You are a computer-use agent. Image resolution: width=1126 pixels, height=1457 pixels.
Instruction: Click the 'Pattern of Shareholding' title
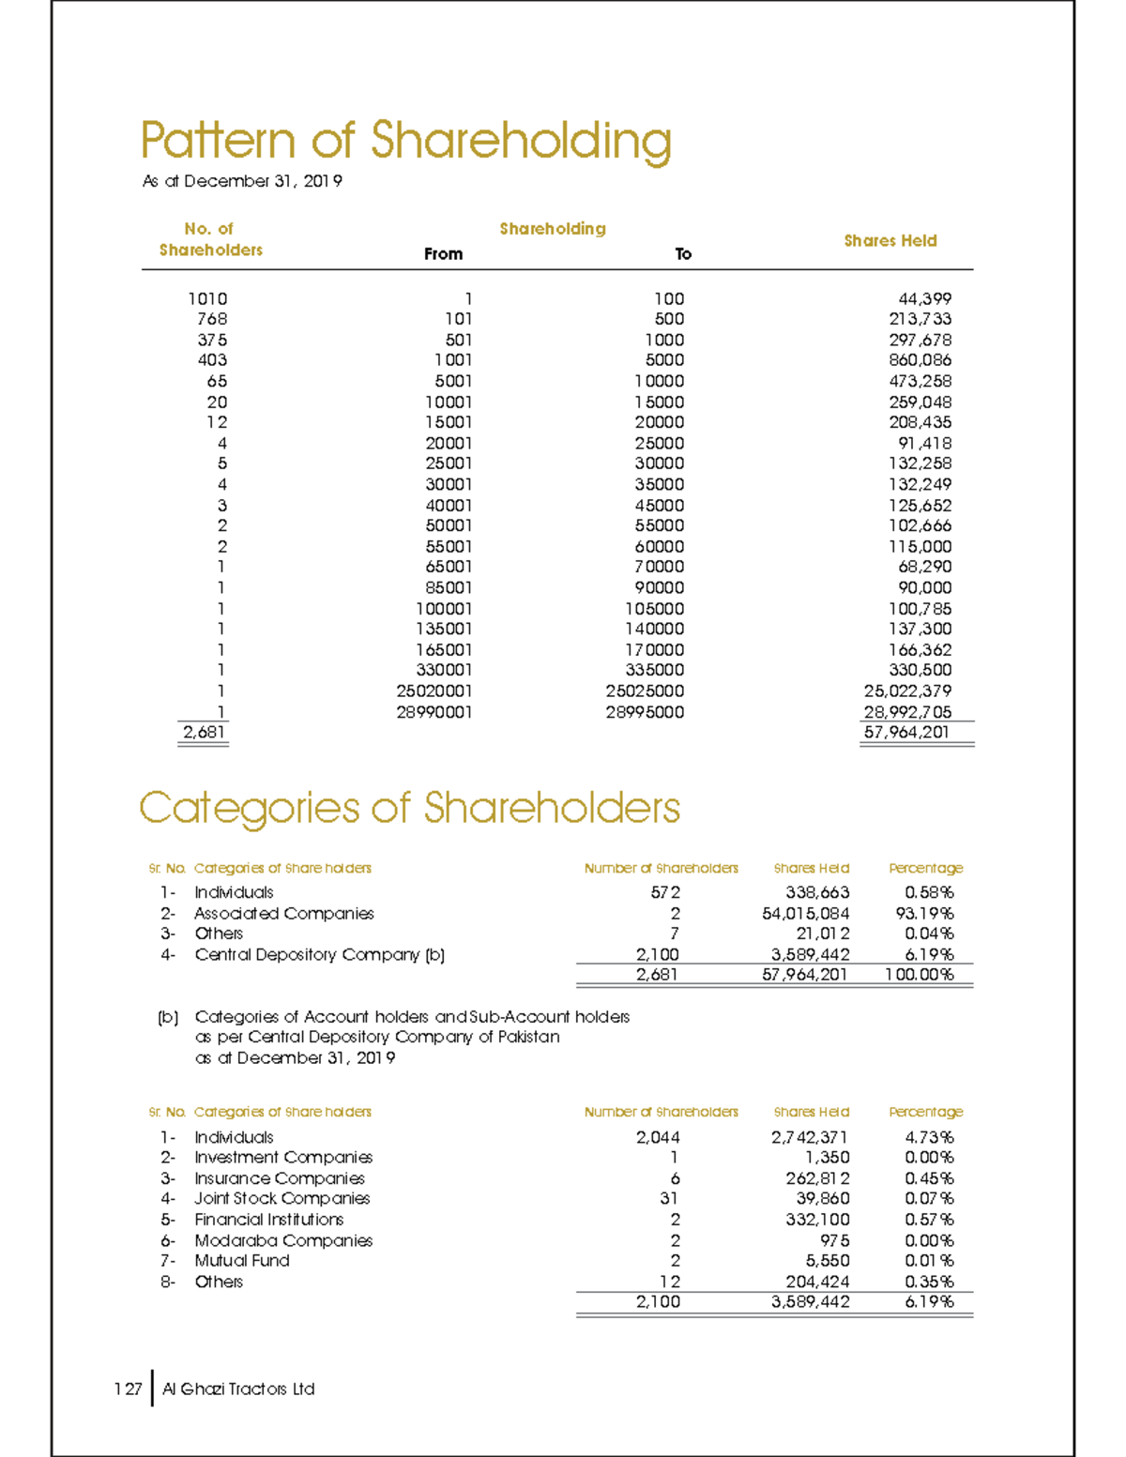(405, 142)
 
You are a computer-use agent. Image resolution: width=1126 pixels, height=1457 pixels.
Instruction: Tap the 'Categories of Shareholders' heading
(409, 808)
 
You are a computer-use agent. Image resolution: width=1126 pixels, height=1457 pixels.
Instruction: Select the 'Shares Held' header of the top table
(890, 241)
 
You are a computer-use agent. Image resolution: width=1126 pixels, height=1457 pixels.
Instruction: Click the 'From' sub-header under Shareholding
(443, 254)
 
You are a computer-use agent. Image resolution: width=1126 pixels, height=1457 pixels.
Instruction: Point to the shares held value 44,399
(924, 298)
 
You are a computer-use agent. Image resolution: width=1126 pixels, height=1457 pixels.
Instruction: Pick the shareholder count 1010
(207, 298)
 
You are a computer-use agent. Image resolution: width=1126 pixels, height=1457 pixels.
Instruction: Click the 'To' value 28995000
(645, 712)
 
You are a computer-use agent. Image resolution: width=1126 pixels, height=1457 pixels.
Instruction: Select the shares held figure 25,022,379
(907, 691)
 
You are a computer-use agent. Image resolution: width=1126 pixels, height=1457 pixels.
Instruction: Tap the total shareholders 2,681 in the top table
(204, 732)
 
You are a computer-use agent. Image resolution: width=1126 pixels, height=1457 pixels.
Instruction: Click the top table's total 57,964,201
(906, 732)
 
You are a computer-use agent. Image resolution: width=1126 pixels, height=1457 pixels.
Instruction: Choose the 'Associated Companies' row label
(283, 914)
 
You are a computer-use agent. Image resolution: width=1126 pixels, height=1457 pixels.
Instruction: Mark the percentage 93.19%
(924, 914)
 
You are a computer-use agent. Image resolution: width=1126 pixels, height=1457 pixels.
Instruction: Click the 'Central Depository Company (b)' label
(319, 955)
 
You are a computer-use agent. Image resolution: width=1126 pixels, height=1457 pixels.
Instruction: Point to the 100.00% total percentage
(919, 975)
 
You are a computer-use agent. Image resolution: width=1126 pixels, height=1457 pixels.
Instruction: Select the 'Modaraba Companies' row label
(283, 1240)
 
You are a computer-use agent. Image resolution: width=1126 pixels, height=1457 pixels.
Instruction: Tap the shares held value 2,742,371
(810, 1137)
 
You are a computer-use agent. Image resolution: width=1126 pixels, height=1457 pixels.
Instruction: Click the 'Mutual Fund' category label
(242, 1261)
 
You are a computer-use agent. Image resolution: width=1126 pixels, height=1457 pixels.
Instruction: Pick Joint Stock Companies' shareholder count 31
(669, 1199)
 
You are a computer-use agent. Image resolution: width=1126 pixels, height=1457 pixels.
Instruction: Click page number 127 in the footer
(128, 1389)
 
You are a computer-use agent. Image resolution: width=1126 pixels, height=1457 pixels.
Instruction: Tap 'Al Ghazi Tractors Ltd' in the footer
(238, 1389)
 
